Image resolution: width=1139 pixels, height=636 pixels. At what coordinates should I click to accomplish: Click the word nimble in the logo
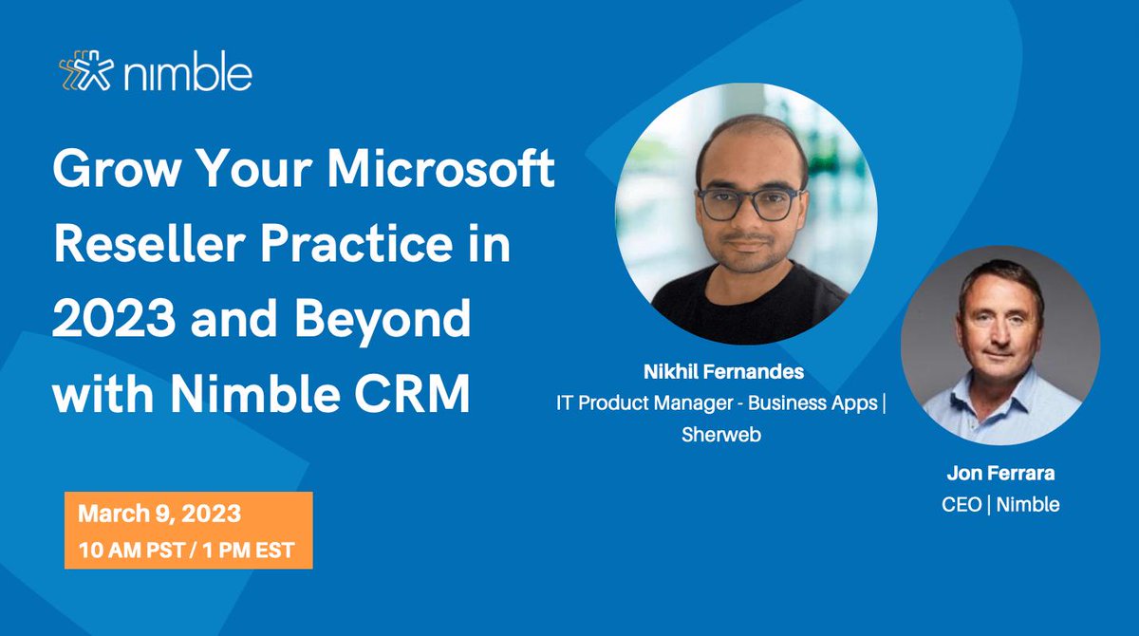pos(185,72)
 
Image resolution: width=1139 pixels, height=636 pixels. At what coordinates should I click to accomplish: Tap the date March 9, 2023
pos(159,514)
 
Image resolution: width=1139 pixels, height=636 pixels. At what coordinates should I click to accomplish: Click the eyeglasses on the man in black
pos(747,202)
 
